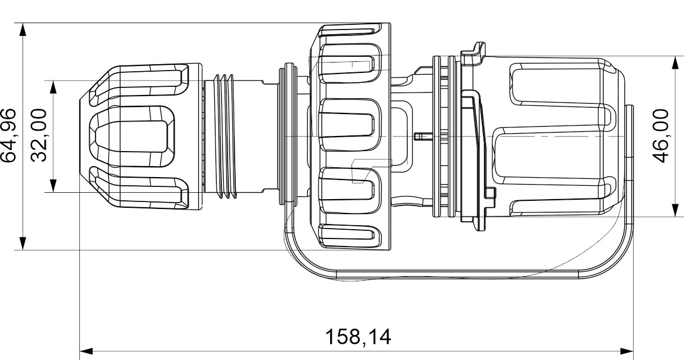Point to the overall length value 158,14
pyautogui.click(x=357, y=336)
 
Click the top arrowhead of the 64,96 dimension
pyautogui.click(x=23, y=29)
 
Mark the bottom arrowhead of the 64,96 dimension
pyautogui.click(x=23, y=244)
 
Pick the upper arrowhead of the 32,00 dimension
pyautogui.click(x=53, y=86)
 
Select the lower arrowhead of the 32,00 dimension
pyautogui.click(x=53, y=186)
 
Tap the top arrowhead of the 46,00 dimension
pyautogui.click(x=675, y=62)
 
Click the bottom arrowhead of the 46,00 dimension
pyautogui.click(x=675, y=210)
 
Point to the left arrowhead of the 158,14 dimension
pyautogui.click(x=86, y=351)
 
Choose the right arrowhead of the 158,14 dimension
pyautogui.click(x=627, y=351)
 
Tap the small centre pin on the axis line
pyautogui.click(x=420, y=137)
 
